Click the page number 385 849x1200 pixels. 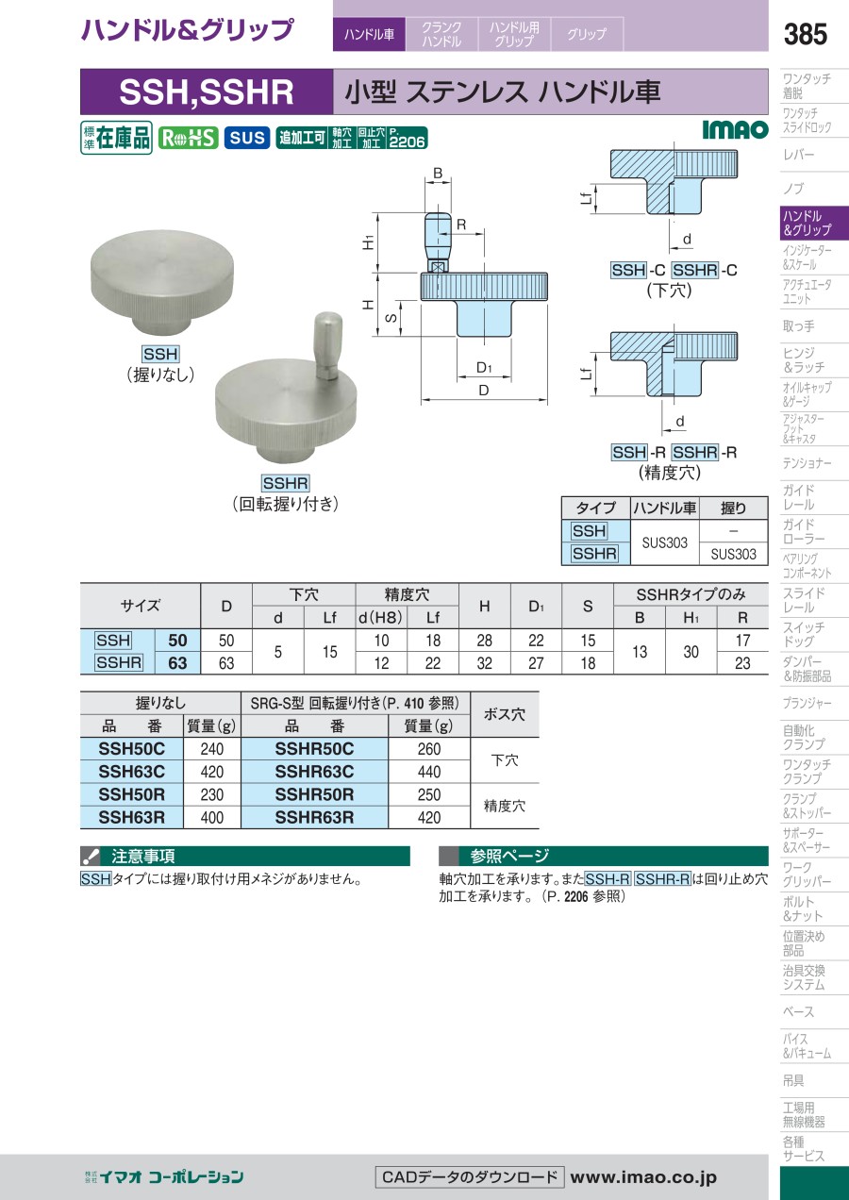point(805,34)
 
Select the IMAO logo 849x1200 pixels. point(735,129)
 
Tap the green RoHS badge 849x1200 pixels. point(188,139)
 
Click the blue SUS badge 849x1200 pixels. point(247,139)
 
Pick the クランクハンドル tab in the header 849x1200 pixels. point(441,34)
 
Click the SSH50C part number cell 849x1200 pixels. point(132,748)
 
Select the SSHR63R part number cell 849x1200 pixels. point(314,817)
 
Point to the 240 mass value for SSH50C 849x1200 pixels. point(212,749)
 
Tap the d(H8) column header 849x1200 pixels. point(380,618)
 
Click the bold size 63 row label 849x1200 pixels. point(178,663)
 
